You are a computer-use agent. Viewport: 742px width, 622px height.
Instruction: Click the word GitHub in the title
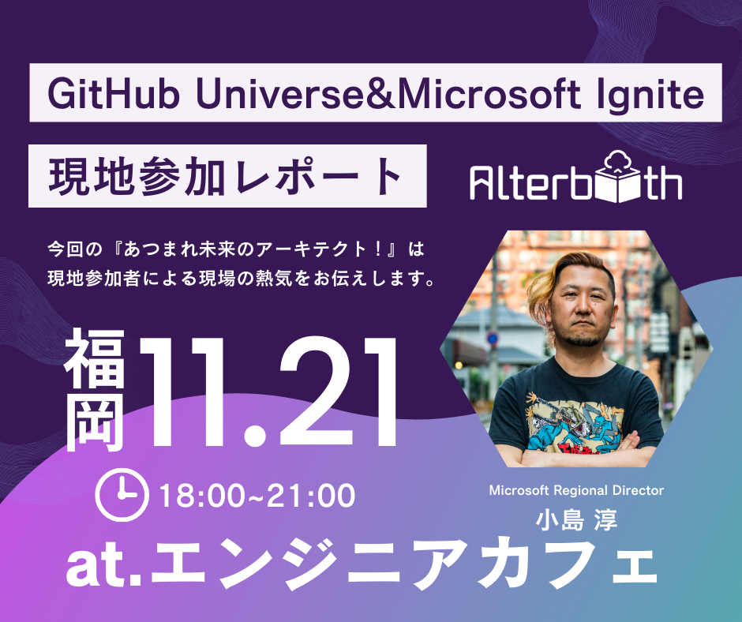pos(114,94)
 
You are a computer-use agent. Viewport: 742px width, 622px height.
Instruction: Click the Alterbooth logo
pos(575,178)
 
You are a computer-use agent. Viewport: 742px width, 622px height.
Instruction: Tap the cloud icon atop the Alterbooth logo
pos(617,161)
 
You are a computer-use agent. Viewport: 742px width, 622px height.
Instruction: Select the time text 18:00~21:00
pos(257,496)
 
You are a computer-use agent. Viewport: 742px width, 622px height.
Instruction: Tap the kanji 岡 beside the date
pos(95,421)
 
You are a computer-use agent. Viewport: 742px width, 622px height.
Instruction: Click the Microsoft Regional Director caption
pos(576,490)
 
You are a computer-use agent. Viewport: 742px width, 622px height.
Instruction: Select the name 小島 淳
pos(576,519)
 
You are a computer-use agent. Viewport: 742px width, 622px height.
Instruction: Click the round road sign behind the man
pos(493,338)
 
